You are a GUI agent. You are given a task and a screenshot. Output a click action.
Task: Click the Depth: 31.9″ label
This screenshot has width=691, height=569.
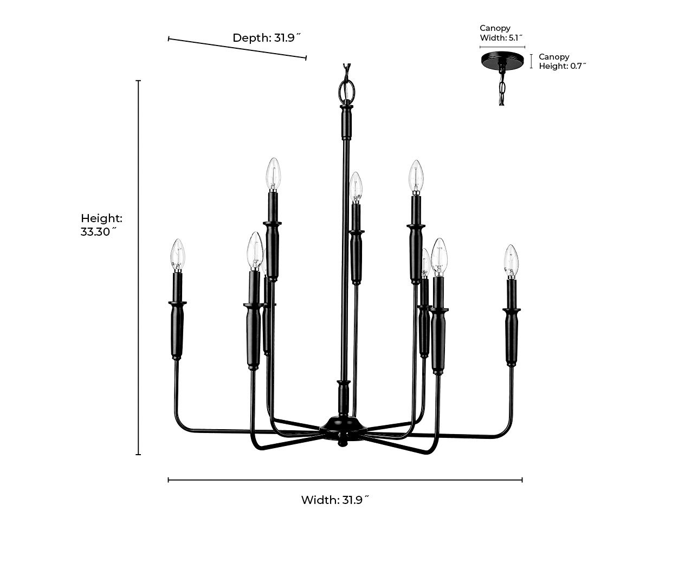[x=266, y=38]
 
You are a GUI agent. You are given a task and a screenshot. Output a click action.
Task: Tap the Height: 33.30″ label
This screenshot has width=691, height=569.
[x=101, y=225]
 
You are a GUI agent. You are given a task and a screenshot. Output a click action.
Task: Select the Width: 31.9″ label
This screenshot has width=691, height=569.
[x=334, y=500]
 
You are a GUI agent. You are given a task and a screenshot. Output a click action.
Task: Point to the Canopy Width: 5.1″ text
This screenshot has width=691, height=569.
[x=501, y=33]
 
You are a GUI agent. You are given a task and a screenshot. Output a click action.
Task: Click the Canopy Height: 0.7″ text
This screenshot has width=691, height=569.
[x=562, y=61]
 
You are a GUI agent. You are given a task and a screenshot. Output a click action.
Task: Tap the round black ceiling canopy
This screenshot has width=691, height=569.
[x=502, y=60]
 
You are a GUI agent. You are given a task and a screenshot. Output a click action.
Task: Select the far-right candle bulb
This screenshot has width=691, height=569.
[x=511, y=261]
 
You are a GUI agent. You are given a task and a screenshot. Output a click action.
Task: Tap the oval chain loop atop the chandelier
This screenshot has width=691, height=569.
[x=346, y=89]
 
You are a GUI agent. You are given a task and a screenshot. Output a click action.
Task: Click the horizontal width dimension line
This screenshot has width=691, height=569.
[x=345, y=480]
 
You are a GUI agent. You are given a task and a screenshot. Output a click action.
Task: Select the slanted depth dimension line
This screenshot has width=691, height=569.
[x=237, y=48]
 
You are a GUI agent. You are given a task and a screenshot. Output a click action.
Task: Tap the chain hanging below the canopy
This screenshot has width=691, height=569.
[x=502, y=87]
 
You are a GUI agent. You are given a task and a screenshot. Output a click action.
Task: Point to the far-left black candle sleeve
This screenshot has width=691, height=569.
[x=177, y=331]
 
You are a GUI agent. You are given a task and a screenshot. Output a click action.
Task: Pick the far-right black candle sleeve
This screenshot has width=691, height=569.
[x=512, y=336]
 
